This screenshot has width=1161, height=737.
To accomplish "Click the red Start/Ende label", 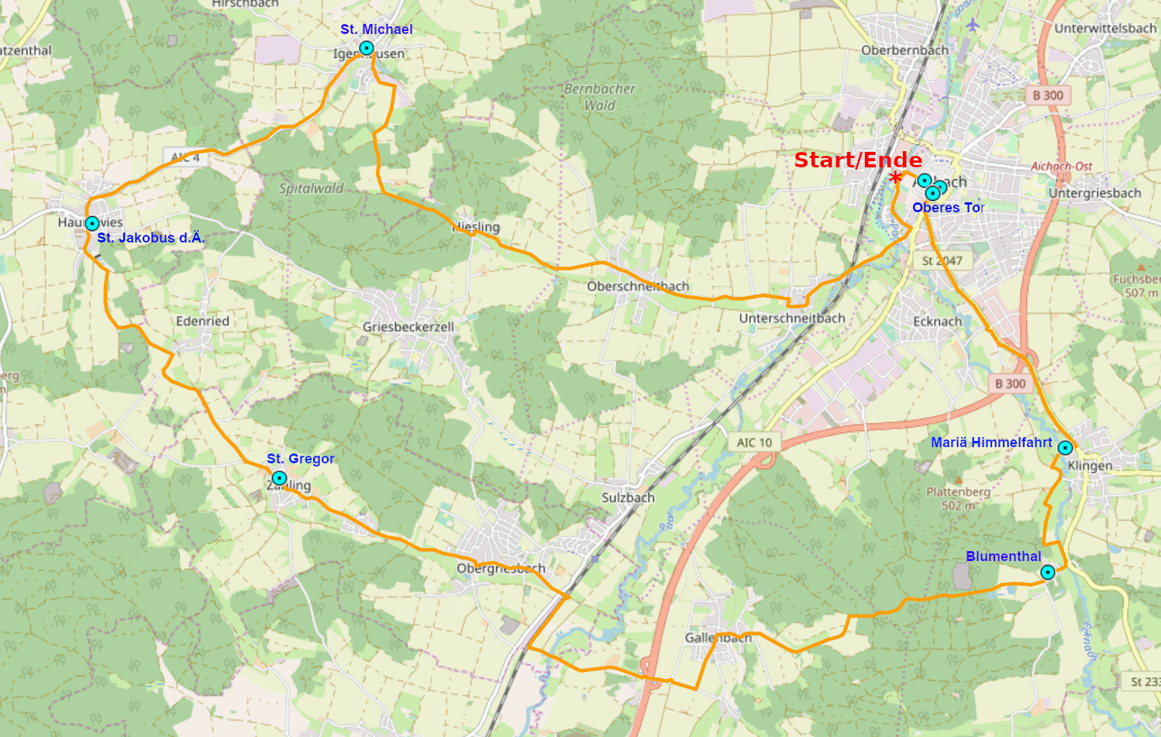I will [x=858, y=160].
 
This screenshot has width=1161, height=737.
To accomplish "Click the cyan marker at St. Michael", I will [x=367, y=48].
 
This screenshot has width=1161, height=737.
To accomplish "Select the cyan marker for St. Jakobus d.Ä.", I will [x=92, y=223].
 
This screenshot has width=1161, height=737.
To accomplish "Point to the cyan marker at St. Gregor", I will [x=279, y=478].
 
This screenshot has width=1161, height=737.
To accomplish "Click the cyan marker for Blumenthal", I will [x=1048, y=573].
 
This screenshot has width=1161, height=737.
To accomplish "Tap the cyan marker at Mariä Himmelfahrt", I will [x=1065, y=448].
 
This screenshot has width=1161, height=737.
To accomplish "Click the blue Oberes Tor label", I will [x=948, y=208].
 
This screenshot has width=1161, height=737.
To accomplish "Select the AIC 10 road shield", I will [x=754, y=443].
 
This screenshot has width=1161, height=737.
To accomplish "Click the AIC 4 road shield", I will [x=185, y=157].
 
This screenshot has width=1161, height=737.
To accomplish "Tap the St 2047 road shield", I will [x=942, y=261].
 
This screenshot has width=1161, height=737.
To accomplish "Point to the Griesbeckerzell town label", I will [x=408, y=327].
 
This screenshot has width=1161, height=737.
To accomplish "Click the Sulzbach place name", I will [x=628, y=498].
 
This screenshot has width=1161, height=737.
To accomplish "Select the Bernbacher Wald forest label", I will [x=600, y=97].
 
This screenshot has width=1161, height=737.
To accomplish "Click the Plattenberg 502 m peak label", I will [x=958, y=498].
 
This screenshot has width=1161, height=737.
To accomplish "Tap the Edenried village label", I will [x=202, y=321].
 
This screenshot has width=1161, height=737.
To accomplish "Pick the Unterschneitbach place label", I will [x=792, y=318].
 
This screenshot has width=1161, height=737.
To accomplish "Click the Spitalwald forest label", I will [x=311, y=188].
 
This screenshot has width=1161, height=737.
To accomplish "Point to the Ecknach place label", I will [x=937, y=321].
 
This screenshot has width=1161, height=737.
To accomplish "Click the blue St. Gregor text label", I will [x=301, y=459].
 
